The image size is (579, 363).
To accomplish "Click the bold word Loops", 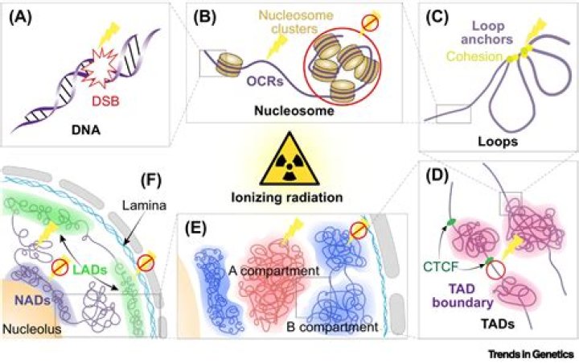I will (499, 138).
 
